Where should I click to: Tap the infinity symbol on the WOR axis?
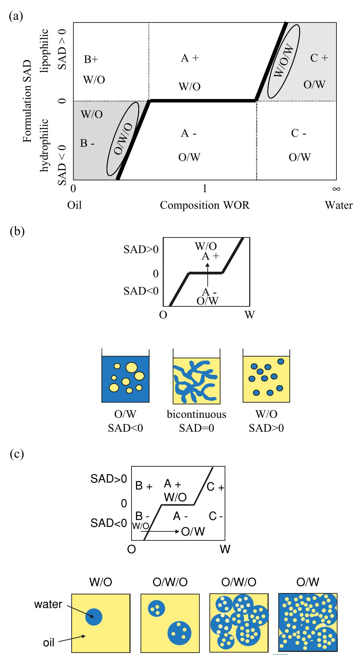(x=336, y=189)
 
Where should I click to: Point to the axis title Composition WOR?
(x=205, y=205)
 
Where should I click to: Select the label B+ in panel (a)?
(x=91, y=60)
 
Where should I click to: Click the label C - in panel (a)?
(x=298, y=133)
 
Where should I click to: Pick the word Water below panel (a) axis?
(x=339, y=205)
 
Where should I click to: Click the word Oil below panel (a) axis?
(x=74, y=205)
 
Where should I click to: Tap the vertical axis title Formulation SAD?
(x=28, y=101)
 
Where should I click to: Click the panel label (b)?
(x=17, y=231)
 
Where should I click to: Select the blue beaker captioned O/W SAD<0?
(x=125, y=379)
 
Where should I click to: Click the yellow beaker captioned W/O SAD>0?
(x=266, y=379)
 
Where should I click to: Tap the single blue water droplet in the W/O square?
(x=93, y=617)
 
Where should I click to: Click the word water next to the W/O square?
(x=48, y=604)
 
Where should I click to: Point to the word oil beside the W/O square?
(x=49, y=643)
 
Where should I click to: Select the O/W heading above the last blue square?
(x=307, y=582)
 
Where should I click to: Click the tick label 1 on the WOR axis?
(x=205, y=189)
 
